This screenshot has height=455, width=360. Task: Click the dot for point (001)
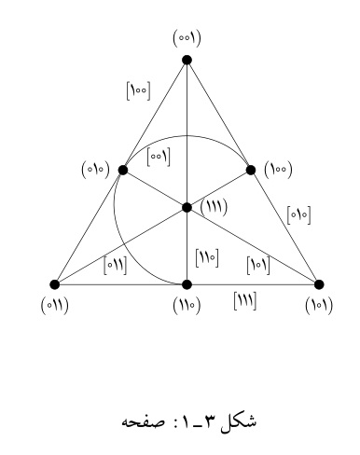(187, 60)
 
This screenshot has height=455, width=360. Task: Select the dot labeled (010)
(123, 170)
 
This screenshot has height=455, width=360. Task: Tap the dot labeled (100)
(251, 170)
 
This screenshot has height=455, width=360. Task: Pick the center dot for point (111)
(187, 207)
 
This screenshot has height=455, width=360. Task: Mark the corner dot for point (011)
(55, 284)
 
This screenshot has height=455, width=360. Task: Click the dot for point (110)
(187, 284)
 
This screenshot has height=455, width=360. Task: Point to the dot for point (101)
(319, 284)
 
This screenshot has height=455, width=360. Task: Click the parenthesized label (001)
(187, 38)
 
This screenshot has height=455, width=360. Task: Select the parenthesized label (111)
(214, 206)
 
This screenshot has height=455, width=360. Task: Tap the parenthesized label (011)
(55, 306)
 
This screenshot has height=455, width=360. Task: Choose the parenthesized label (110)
(187, 306)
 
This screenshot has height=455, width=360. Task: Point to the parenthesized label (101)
(319, 306)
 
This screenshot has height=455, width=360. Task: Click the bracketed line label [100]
(138, 90)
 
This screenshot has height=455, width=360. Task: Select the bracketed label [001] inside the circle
(159, 157)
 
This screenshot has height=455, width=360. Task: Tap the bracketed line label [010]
(298, 214)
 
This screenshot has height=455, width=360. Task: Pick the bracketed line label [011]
(116, 266)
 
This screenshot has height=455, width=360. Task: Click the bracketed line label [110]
(207, 257)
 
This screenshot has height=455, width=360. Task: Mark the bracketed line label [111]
(245, 301)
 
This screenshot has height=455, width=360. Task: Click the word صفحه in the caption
(143, 421)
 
